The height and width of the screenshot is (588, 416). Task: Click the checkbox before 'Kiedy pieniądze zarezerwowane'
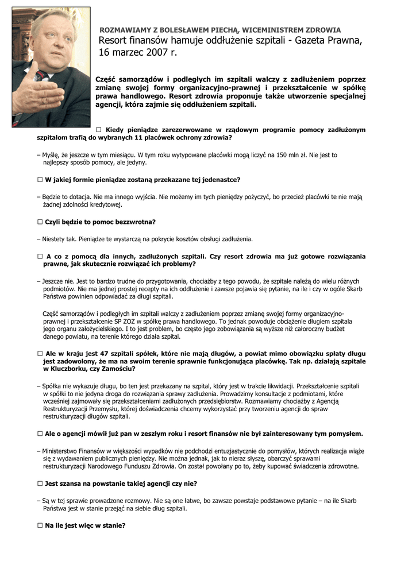(x=99, y=130)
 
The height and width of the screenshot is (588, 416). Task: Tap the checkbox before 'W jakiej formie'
(x=40, y=180)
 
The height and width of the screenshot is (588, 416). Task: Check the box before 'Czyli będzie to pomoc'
(x=40, y=222)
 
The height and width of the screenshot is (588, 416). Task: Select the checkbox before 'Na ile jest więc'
(x=40, y=525)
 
